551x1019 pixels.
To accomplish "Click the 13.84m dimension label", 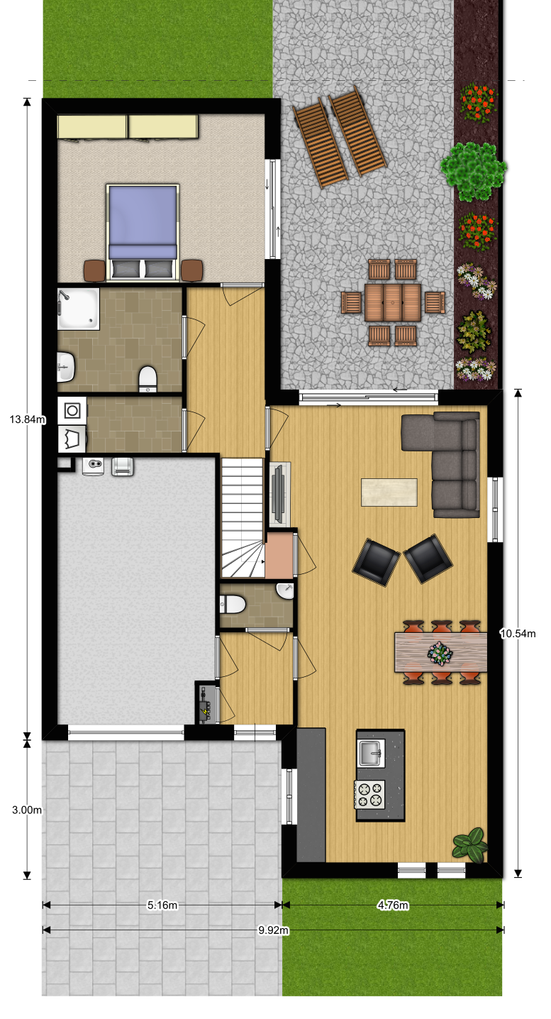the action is (x=28, y=419).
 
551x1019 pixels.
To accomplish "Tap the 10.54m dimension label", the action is (x=518, y=633).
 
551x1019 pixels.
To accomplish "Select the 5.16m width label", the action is (x=162, y=905).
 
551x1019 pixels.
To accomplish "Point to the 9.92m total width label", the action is (x=273, y=930).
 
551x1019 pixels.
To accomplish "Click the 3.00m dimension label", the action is (x=27, y=810).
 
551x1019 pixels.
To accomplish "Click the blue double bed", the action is (x=143, y=232).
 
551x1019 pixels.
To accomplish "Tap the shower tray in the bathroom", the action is (x=78, y=309).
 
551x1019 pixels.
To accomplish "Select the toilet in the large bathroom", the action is (x=148, y=379).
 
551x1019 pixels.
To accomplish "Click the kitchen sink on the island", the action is (x=372, y=753).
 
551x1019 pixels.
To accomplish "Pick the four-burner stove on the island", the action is (x=369, y=794).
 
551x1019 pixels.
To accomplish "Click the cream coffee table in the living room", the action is (x=389, y=492).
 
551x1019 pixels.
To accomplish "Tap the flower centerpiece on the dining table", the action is (x=440, y=654).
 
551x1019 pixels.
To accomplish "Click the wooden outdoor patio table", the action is (x=393, y=302).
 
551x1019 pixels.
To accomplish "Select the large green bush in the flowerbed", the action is (x=473, y=171).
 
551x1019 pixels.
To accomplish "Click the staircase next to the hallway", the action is (x=243, y=518).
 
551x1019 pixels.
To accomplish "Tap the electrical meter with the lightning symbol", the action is (x=206, y=704).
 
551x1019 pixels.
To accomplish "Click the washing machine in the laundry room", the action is (x=72, y=411).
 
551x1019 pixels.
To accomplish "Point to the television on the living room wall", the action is (x=278, y=494).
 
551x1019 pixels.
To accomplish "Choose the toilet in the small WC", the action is (x=233, y=605).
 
